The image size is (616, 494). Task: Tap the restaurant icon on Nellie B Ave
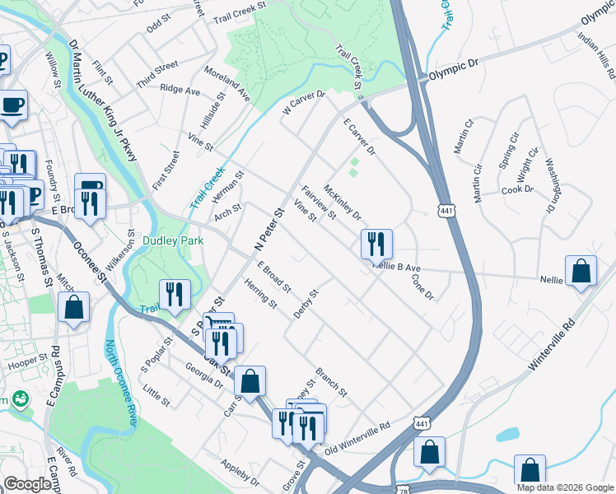tap(376, 244)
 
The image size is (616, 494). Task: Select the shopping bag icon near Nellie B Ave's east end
tap(581, 272)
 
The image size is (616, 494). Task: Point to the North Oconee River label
tap(119, 384)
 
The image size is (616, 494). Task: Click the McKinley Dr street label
tap(342, 203)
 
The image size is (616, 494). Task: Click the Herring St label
tap(260, 294)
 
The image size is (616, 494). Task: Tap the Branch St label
tap(331, 381)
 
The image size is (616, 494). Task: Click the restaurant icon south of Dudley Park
tap(175, 296)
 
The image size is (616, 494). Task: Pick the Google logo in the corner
tap(27, 484)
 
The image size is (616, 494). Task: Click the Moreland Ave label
tap(226, 85)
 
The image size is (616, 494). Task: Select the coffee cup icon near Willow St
tap(12, 105)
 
